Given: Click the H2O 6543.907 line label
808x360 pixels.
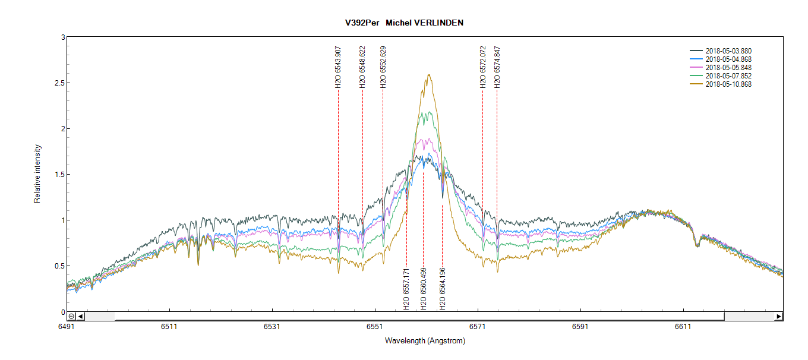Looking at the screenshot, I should [338, 67].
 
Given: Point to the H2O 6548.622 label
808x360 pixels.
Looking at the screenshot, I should [362, 67].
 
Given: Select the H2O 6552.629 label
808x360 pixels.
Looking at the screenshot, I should [383, 67].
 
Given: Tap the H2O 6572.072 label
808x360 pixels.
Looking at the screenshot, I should [483, 67].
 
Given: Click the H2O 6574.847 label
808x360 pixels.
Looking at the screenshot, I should [497, 67].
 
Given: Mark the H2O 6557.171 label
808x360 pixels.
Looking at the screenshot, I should [406, 289].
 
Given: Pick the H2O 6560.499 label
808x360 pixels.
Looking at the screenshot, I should [424, 289].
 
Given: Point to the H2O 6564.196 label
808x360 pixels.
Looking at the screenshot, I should [443, 289].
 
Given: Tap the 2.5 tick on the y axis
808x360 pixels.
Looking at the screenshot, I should [58, 83].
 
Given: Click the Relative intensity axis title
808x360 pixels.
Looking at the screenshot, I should [37, 174].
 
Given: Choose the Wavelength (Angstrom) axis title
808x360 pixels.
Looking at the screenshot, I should [425, 341].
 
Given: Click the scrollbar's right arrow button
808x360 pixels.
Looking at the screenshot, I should [778, 317].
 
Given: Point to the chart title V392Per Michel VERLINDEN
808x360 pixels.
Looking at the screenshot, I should [403, 23].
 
